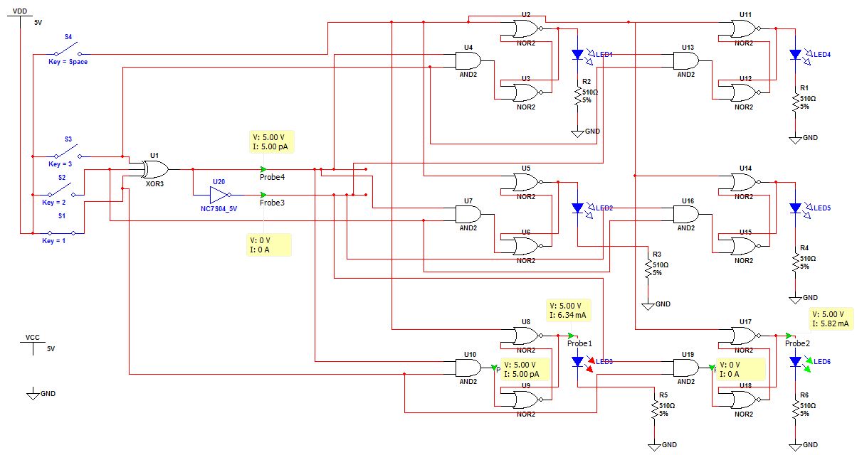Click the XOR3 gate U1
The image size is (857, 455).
[x=155, y=169]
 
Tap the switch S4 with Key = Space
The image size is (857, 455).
[x=68, y=50]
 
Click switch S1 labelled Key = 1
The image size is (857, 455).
[x=61, y=232]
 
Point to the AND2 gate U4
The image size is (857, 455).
[x=468, y=60]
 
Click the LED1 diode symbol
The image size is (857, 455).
[x=577, y=55]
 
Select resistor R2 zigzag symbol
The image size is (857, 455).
[x=577, y=97]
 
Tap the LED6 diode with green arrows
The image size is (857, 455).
[x=795, y=362]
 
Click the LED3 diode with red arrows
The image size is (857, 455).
[x=577, y=362]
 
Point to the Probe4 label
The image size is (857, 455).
[x=272, y=177]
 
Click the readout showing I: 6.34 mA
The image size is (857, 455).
[x=568, y=315]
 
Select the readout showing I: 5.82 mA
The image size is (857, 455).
[x=831, y=323]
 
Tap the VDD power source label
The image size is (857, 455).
[x=20, y=11]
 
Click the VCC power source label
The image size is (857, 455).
[x=33, y=337]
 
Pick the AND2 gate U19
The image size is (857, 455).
[x=686, y=368]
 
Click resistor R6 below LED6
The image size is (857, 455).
[x=795, y=409]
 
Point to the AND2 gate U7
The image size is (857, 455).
[x=468, y=214]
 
